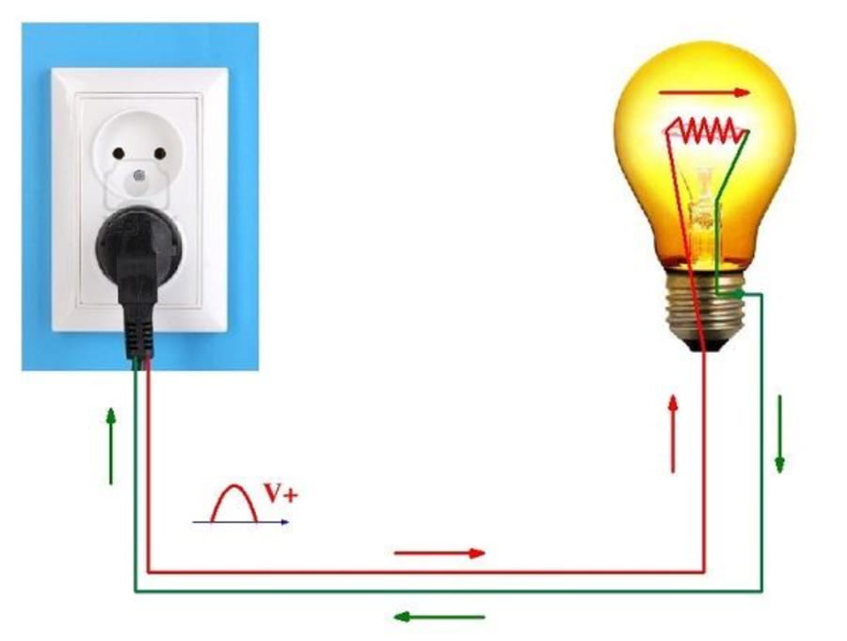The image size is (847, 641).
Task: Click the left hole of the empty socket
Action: pyautogui.click(x=119, y=153)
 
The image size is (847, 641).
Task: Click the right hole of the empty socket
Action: pyautogui.click(x=160, y=153)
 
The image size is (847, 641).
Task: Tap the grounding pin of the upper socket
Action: pyautogui.click(x=139, y=175)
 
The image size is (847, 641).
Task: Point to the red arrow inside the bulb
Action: pyautogui.click(x=704, y=92)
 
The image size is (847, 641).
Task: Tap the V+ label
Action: pyautogui.click(x=280, y=492)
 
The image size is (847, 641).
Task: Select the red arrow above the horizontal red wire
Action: pyautogui.click(x=439, y=553)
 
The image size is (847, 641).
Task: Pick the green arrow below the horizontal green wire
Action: pyautogui.click(x=439, y=617)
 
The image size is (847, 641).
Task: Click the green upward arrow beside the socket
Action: pyautogui.click(x=111, y=446)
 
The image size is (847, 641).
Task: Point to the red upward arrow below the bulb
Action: pyautogui.click(x=673, y=435)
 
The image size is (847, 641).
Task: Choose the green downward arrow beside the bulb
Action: pyautogui.click(x=779, y=435)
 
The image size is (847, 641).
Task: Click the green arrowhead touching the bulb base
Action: pyautogui.click(x=739, y=294)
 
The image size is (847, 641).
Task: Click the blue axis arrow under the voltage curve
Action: pyautogui.click(x=241, y=522)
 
